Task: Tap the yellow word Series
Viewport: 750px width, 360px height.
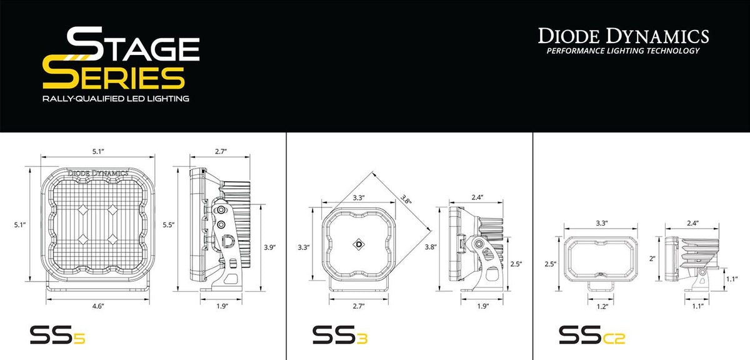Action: [x=114, y=77]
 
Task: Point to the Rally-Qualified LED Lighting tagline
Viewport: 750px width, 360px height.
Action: [x=116, y=99]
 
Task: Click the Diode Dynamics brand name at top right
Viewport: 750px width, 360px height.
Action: [x=623, y=36]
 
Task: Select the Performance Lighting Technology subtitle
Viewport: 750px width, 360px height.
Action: [x=623, y=51]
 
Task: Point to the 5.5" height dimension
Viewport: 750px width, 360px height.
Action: [x=167, y=224]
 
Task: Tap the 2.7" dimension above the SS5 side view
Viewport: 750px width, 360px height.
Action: [x=220, y=151]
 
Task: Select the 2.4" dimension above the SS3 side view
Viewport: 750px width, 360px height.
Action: [x=477, y=197]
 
